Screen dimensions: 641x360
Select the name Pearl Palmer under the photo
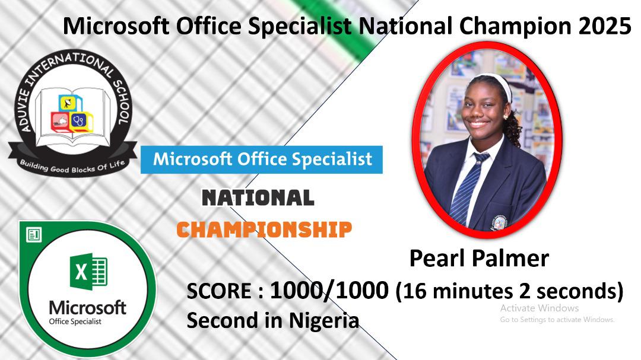click(x=479, y=258)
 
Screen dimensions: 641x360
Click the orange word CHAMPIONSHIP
click(x=264, y=230)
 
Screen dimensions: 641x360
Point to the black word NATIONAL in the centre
click(x=258, y=197)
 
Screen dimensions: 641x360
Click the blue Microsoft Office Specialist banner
click(x=262, y=160)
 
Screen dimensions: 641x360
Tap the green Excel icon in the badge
click(x=88, y=272)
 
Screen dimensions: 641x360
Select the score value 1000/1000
click(x=329, y=291)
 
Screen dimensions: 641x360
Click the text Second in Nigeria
click(x=272, y=320)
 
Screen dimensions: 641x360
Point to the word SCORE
click(x=219, y=291)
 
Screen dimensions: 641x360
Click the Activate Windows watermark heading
click(x=539, y=308)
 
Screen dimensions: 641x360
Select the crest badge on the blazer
click(x=499, y=223)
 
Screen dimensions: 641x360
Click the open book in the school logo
click(x=73, y=116)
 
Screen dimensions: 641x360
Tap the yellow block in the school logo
click(x=69, y=103)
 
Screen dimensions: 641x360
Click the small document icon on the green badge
click(x=33, y=235)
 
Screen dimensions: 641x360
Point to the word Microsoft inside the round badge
click(x=87, y=308)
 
